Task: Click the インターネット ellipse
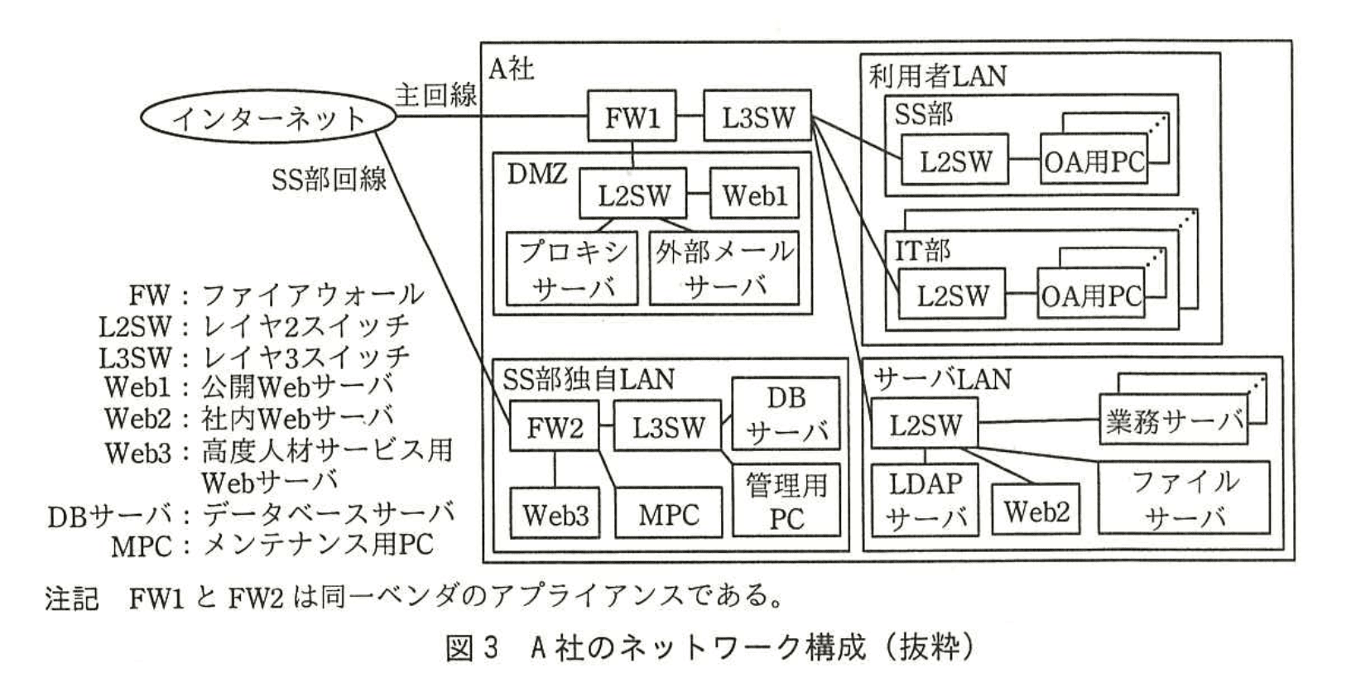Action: (268, 118)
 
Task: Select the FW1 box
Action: (632, 116)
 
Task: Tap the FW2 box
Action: (554, 427)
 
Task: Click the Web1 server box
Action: (754, 195)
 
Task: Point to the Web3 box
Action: (555, 514)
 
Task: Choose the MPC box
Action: (669, 514)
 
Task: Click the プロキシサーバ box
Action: (573, 268)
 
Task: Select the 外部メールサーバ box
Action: (724, 268)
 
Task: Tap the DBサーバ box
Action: (786, 414)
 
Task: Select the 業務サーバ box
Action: (1174, 420)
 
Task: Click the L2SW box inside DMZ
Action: (633, 195)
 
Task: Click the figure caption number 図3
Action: (473, 647)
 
